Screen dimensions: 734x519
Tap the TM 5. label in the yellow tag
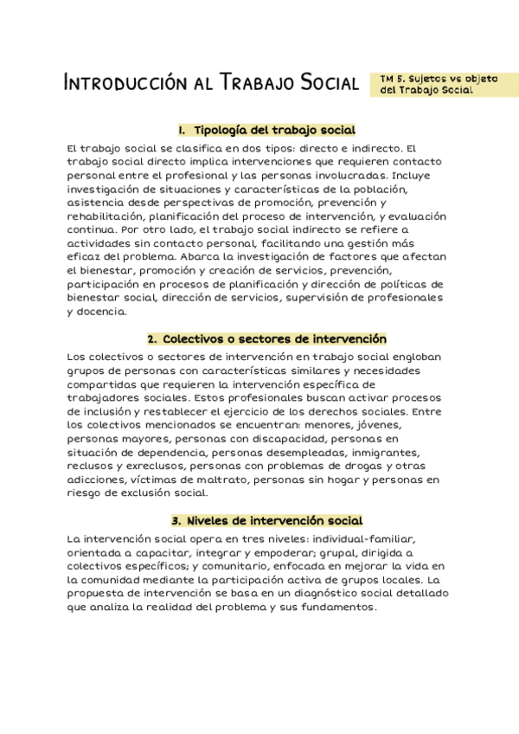(394, 78)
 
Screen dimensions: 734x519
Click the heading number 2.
(151, 338)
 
